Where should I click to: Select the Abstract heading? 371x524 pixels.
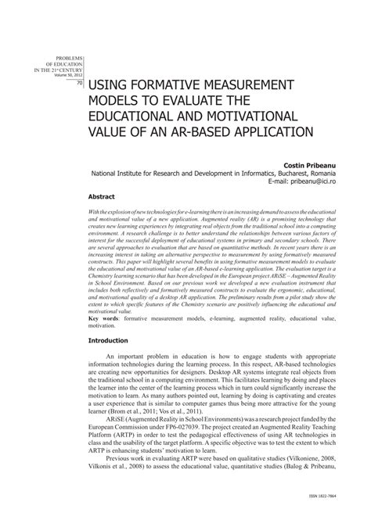103,199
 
